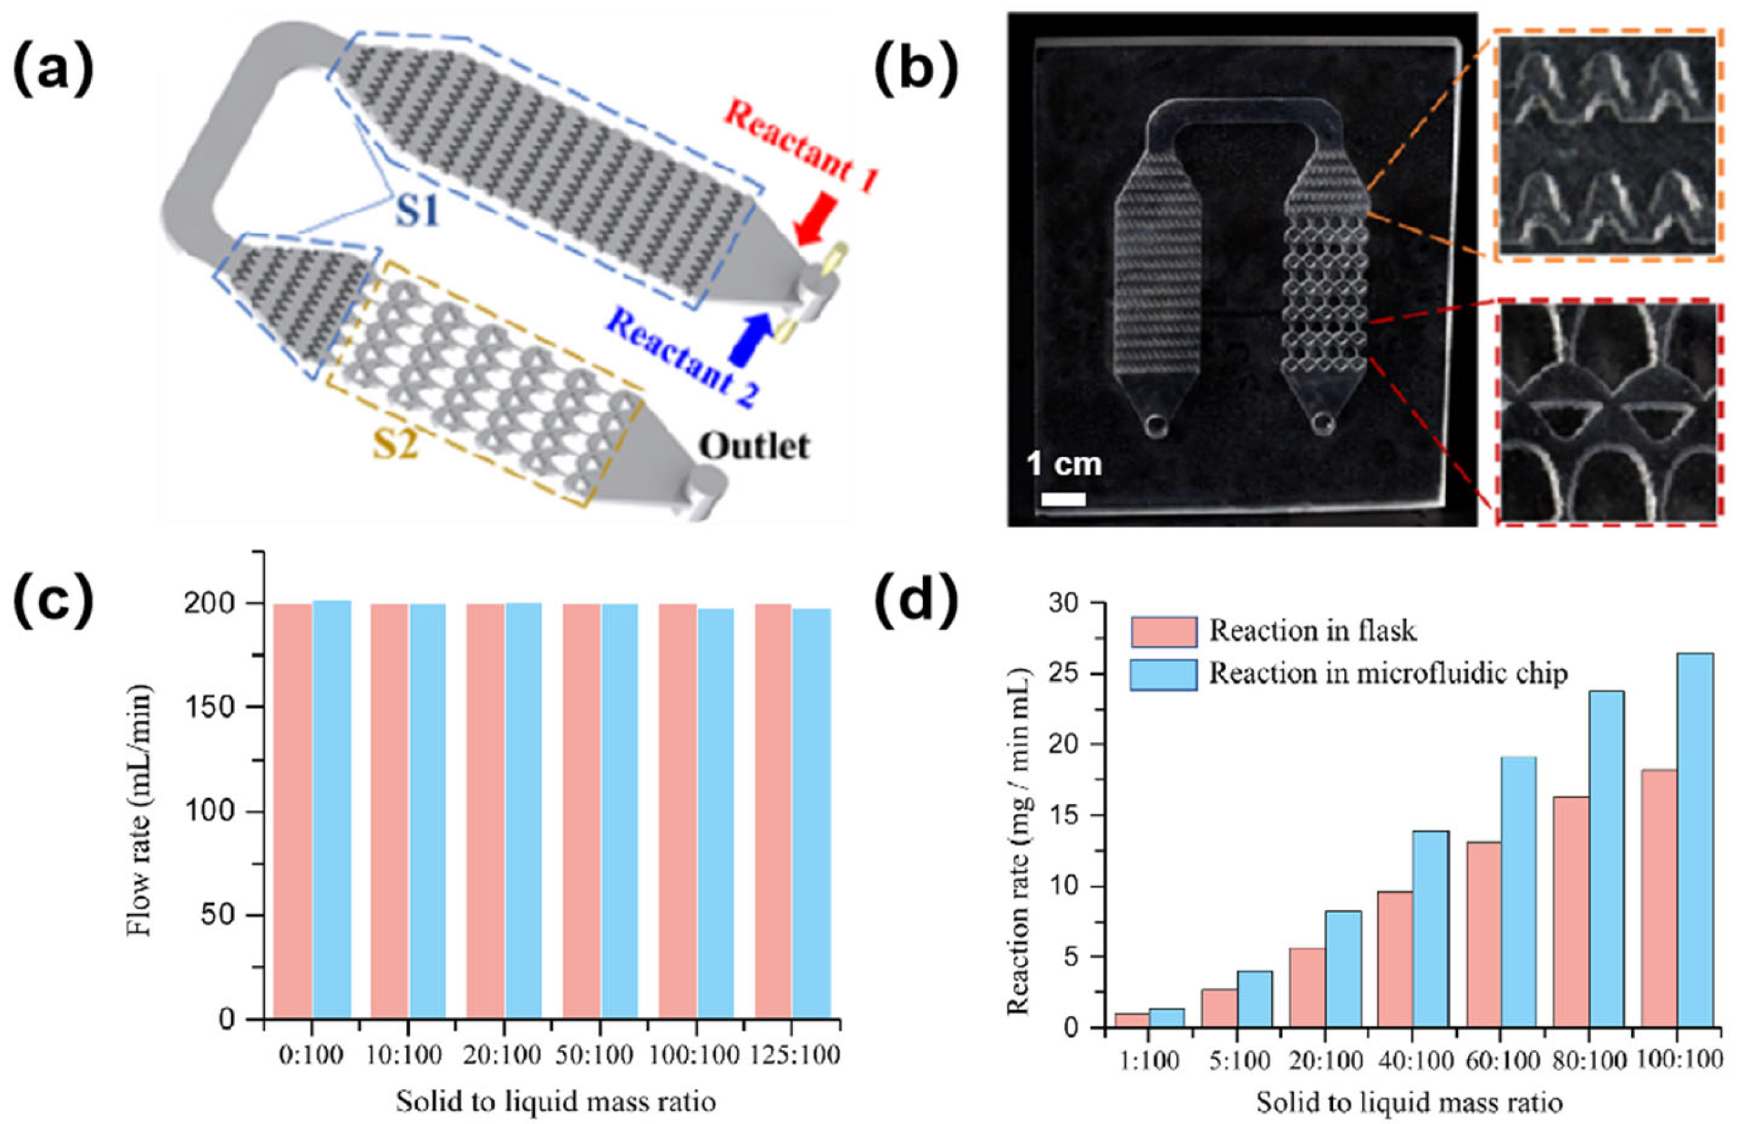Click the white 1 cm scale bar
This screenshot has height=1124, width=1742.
[1063, 499]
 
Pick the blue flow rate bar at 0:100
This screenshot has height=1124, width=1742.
[332, 810]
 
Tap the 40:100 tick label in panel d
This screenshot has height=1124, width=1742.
[1414, 1060]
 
